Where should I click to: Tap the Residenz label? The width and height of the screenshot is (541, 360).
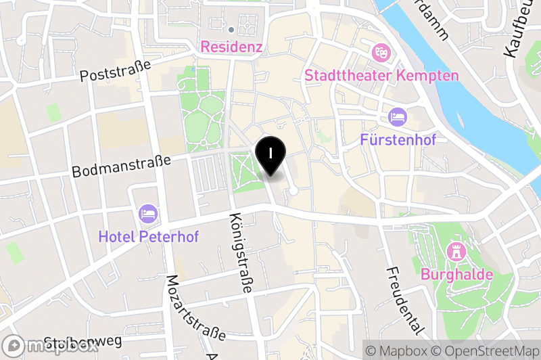231,48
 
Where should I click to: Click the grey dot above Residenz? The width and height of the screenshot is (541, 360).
231,29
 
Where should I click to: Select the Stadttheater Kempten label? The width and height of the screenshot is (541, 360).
381,75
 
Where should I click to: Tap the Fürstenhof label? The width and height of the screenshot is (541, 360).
398,140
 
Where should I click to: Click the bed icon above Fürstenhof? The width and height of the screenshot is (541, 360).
398,117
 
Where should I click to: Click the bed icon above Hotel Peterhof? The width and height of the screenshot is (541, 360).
147,215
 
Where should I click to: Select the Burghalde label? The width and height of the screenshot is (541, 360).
456,275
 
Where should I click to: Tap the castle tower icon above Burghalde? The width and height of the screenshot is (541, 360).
456,252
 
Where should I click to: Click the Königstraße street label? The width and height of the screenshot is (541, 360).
241,253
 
